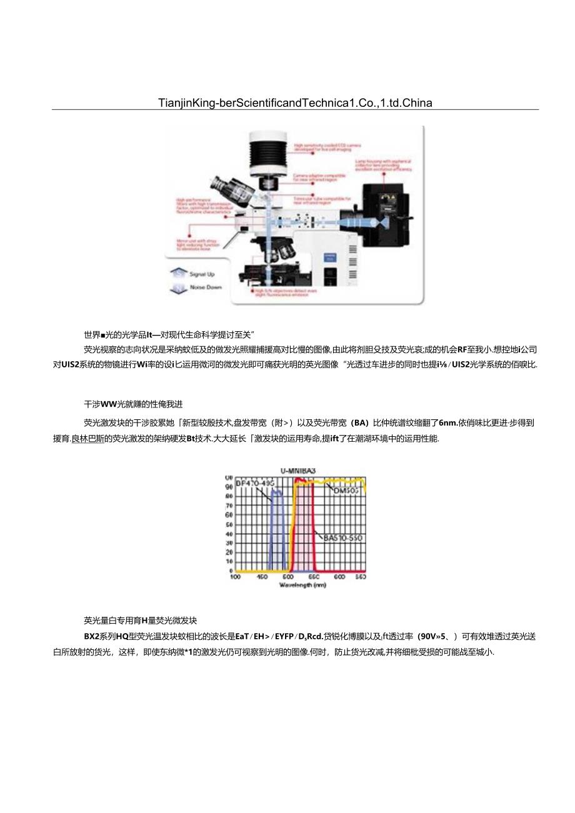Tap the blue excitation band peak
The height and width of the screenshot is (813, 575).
coord(276,492)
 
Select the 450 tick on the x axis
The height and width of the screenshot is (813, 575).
coord(262,577)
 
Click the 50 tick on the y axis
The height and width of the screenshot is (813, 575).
coord(229,525)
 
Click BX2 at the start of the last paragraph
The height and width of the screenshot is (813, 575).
coord(91,637)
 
